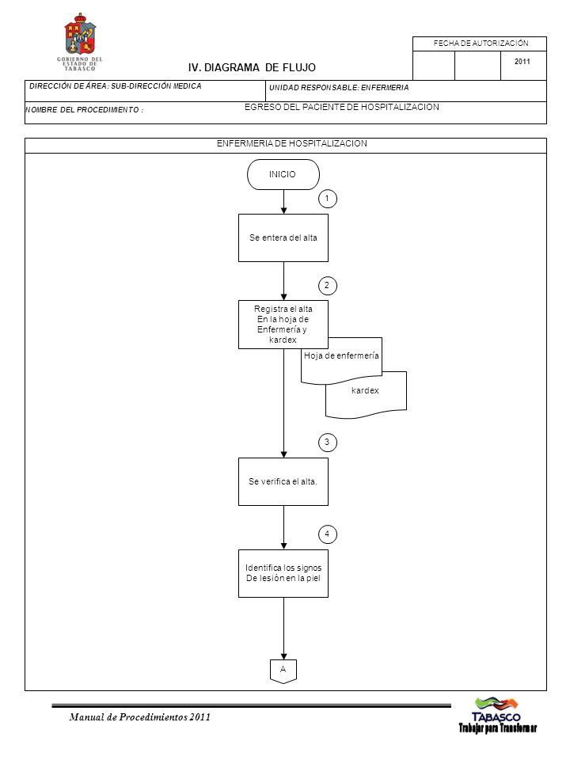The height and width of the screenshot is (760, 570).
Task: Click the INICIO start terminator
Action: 283,174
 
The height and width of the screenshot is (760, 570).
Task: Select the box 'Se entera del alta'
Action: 283,238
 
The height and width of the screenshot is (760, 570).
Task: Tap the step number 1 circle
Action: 327,199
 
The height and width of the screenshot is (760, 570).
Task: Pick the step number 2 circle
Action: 327,286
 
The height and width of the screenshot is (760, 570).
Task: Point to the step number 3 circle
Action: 327,442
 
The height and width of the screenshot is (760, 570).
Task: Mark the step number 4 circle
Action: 327,534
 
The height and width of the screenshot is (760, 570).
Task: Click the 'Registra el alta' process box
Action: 283,325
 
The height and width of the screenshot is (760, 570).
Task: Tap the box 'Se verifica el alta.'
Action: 283,482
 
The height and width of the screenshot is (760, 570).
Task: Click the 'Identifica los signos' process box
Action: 283,573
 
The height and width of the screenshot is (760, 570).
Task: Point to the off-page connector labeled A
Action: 283,671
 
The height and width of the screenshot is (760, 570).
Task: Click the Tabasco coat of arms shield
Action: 80,35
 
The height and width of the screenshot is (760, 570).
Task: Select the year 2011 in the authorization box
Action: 522,62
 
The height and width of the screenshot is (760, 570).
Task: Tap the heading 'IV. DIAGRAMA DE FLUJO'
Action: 252,68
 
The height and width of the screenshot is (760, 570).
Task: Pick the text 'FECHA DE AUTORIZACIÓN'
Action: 481,44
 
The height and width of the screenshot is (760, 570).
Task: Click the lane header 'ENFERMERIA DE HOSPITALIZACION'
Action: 292,143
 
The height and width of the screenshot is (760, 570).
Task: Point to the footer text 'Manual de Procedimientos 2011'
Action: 139,717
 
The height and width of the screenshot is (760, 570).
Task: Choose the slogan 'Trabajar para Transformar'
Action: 498,728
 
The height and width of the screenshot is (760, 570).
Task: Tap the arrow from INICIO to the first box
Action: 283,202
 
